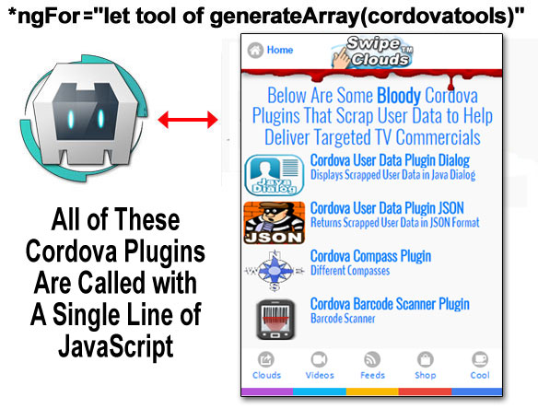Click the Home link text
point(280,50)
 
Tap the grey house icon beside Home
point(255,50)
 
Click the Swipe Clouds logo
point(372,52)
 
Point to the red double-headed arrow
point(188,120)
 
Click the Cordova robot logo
point(84,118)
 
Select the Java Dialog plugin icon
point(275,175)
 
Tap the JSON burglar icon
point(275,223)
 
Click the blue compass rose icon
point(275,271)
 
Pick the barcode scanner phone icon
point(275,320)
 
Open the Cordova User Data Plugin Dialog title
point(390,160)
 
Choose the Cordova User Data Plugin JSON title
point(387,208)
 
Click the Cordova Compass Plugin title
point(370,256)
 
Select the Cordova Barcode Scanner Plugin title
point(390,304)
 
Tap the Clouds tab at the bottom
point(266,366)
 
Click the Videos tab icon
point(320,359)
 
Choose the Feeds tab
point(372,366)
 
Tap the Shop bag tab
point(426,366)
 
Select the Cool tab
point(480,366)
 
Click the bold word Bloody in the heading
point(399,96)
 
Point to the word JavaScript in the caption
point(116,346)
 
